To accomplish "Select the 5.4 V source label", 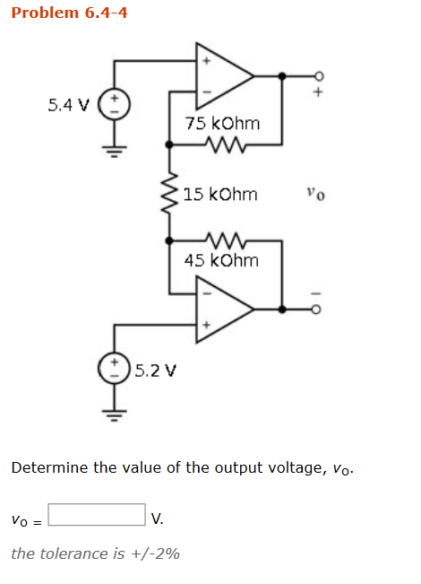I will point(68,105).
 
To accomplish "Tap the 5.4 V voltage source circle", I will point(114,104).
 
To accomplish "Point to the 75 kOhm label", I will point(222,123).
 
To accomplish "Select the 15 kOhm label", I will point(220,194).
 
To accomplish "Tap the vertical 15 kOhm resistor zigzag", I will point(169,192).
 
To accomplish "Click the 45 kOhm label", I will point(221,260).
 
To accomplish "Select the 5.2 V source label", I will point(157,369).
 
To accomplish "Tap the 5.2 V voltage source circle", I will point(114,369).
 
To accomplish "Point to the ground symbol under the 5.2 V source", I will point(114,414).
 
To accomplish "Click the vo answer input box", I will point(97,516).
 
